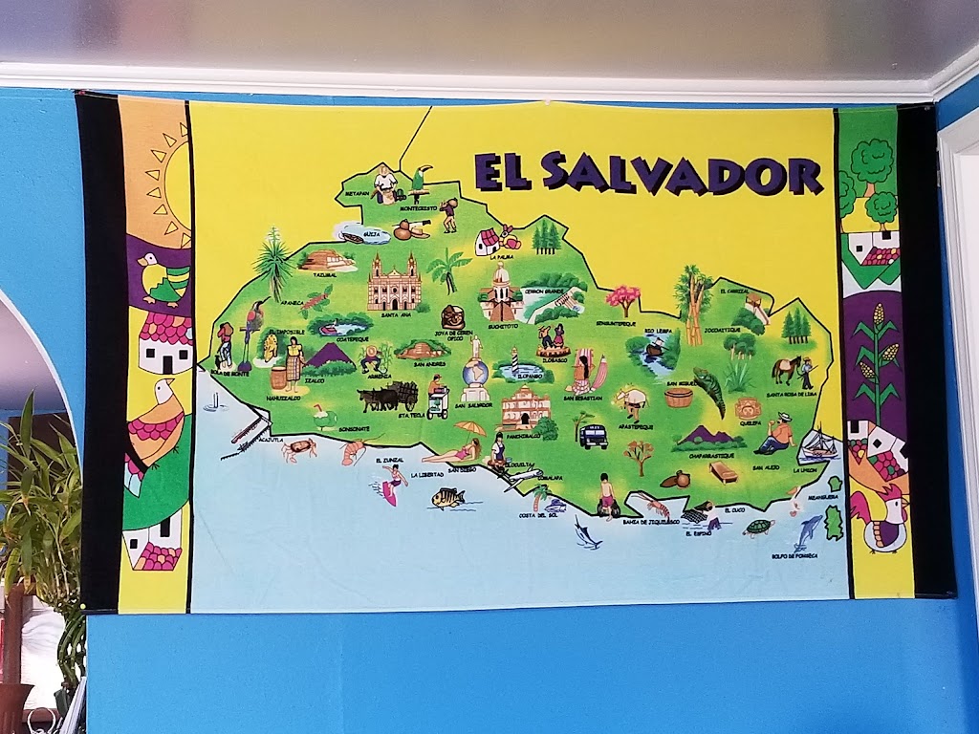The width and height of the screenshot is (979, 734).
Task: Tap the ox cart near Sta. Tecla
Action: point(388,395)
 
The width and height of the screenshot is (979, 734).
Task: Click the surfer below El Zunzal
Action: point(392,485)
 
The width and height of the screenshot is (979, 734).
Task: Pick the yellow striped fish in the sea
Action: point(446,498)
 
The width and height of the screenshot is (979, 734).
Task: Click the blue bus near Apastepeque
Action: point(593,436)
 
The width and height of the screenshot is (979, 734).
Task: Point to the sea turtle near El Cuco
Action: point(758,527)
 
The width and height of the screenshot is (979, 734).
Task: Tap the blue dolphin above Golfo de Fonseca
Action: point(810,529)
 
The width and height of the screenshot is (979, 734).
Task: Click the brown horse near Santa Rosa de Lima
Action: point(786,369)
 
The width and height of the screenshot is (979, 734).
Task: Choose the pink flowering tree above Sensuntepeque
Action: point(623,297)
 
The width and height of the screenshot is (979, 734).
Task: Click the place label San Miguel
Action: point(680,383)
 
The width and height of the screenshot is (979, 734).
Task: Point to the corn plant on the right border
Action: point(878,358)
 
